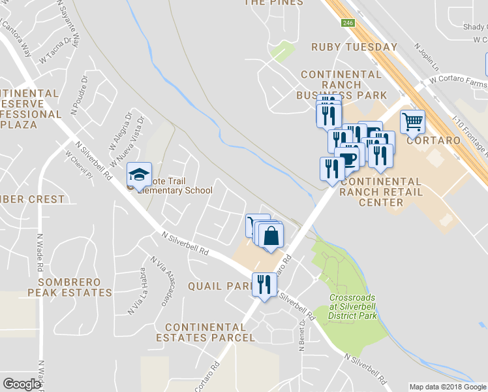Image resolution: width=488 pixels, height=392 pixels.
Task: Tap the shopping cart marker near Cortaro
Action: coord(412,122)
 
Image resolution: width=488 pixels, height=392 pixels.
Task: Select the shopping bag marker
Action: coord(272,235)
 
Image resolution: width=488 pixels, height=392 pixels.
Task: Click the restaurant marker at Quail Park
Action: coord(264,285)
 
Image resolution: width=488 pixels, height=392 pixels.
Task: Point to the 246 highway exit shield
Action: coord(349,23)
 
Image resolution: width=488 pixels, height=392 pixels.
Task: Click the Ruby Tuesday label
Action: coord(354,47)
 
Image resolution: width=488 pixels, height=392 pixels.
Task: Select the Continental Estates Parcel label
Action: coord(205,332)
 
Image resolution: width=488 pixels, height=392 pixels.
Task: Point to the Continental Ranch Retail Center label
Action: coord(381,191)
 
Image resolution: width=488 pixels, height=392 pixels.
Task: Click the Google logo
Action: coord(22,384)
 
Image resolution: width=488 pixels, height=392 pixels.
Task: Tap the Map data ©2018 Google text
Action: coord(447,387)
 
